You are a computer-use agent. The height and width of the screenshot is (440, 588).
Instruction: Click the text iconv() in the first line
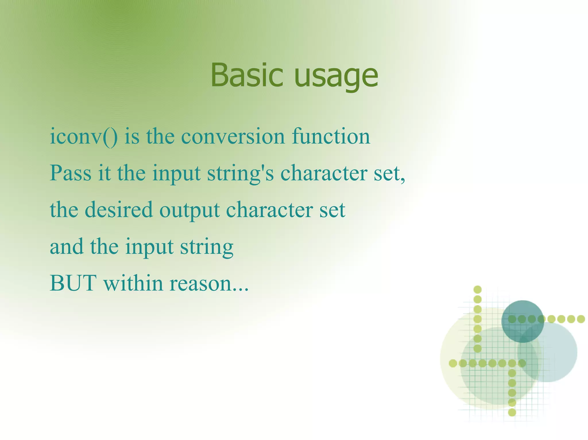(84, 137)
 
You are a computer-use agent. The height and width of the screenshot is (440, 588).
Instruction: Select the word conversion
(233, 137)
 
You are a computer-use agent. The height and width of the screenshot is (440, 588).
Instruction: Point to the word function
(331, 136)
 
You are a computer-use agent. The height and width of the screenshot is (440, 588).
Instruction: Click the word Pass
(70, 173)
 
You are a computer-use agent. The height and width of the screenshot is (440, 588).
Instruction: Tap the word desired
(118, 210)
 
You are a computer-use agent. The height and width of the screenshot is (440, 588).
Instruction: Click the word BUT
(73, 283)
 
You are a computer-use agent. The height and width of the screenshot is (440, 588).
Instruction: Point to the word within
(133, 283)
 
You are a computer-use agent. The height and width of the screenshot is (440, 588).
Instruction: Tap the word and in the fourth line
(67, 247)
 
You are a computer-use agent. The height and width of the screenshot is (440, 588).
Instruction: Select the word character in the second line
(324, 173)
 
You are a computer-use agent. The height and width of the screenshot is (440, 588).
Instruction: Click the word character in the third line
(269, 210)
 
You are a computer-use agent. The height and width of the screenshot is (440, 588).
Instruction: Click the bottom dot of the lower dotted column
(512, 412)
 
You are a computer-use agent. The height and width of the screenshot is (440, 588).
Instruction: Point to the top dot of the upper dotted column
(477, 290)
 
